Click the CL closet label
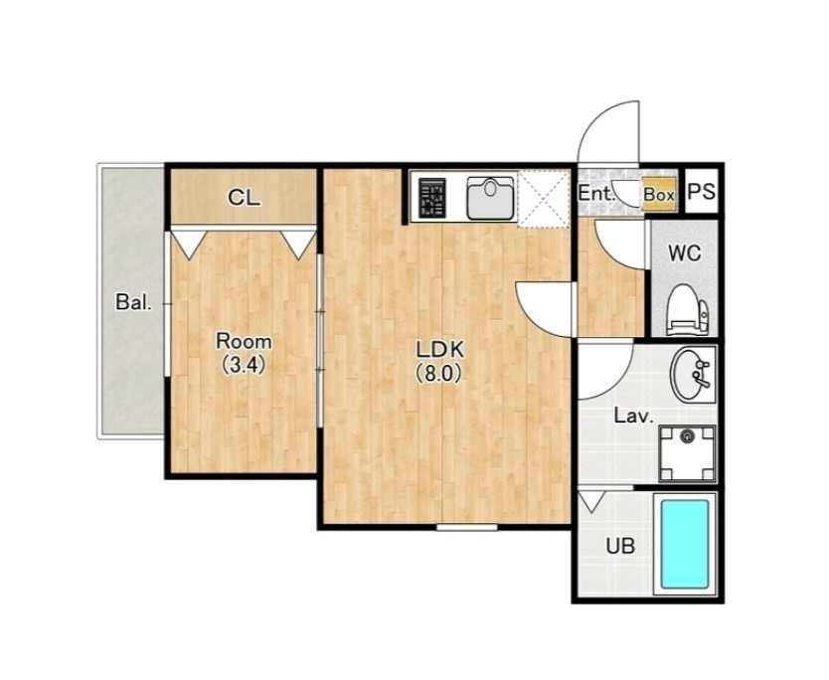click(244, 198)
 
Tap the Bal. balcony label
click(134, 302)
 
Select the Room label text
click(244, 342)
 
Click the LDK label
click(440, 350)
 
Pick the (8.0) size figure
click(440, 374)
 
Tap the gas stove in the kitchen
click(432, 198)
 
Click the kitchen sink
click(491, 198)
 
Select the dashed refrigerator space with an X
click(544, 198)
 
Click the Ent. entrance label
click(597, 193)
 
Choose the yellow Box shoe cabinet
click(659, 194)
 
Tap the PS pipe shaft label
click(702, 191)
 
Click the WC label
click(685, 254)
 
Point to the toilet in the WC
click(687, 310)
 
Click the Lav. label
click(634, 417)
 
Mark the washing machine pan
click(687, 454)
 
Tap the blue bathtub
click(685, 544)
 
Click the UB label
click(620, 545)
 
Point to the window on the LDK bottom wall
click(467, 527)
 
